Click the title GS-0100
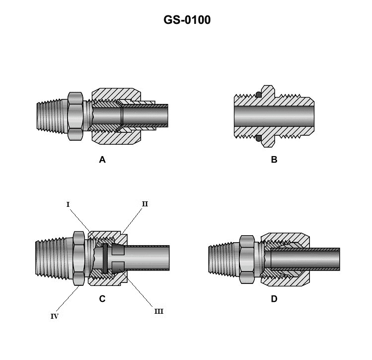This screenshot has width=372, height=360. coord(187,20)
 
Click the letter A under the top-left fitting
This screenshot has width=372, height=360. coord(102,160)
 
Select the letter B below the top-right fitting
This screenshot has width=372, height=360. coord(274,160)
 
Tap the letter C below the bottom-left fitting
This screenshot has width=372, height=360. coord(102,299)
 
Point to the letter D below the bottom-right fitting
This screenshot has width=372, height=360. coord(274,299)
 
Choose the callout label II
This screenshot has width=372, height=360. coord(145,204)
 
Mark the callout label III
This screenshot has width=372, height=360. coord(158,311)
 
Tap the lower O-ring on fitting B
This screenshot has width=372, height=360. coord(258,139)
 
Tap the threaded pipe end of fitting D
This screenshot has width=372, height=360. coord(223,259)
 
